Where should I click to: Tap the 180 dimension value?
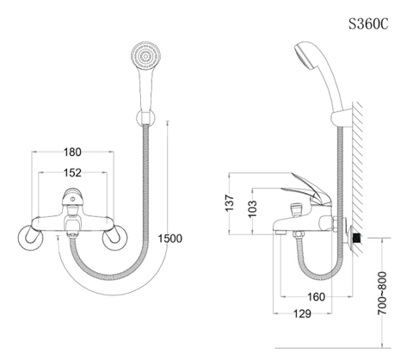click(73, 152)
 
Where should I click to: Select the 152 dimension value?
click(73, 174)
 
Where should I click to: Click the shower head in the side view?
click(307, 62)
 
